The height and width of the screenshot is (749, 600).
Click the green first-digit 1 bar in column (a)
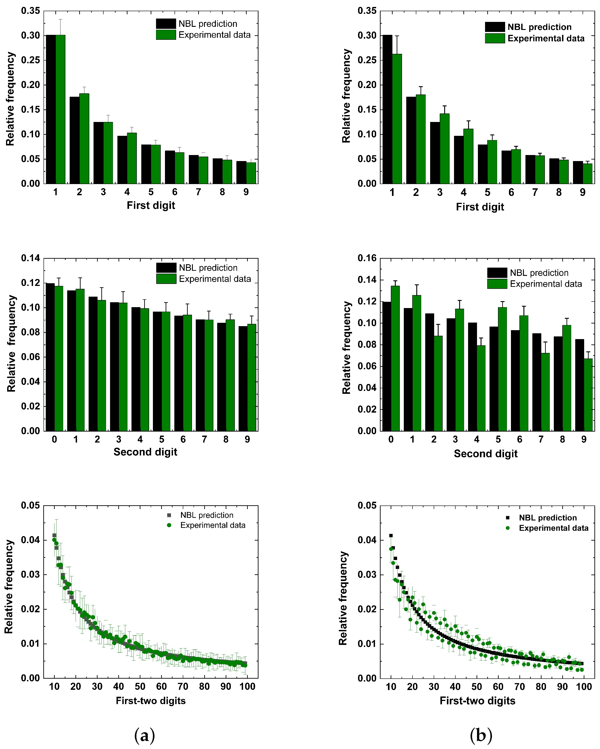[60, 109]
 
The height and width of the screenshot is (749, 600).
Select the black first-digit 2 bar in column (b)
[411, 140]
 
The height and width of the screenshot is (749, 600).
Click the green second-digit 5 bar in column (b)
[502, 369]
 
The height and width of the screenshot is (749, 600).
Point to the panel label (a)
[144, 735]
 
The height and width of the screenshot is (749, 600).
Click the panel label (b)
[481, 735]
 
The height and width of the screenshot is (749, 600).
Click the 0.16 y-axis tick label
[367, 258]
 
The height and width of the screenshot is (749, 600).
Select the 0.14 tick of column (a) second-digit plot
[31, 258]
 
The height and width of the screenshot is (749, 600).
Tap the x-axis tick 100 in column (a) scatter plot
[247, 686]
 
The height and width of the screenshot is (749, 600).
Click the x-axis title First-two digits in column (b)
[477, 701]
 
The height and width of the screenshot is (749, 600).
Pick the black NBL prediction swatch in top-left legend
[166, 24]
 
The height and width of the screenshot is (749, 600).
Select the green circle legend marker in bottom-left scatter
[169, 525]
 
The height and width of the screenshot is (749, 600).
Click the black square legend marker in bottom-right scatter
[508, 518]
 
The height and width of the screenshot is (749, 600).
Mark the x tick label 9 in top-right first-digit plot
[583, 193]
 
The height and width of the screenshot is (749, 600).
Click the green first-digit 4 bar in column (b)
[468, 156]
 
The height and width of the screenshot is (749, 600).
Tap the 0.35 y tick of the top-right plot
[367, 11]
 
